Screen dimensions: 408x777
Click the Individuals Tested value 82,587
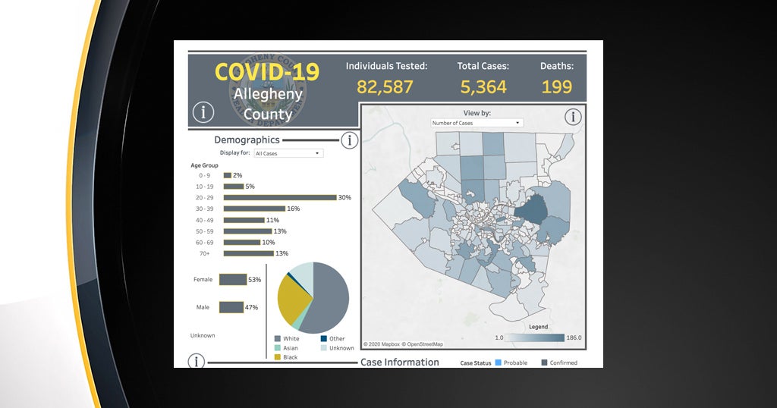[x=385, y=86]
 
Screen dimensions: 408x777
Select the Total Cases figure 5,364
[x=483, y=86]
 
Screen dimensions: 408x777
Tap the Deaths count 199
[x=556, y=86]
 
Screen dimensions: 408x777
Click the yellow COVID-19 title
[x=267, y=72]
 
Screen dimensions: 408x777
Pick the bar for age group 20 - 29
[x=279, y=197]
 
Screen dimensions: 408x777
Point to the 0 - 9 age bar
[x=227, y=175]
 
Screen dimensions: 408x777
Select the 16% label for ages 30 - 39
[x=293, y=209]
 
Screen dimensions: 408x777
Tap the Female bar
[x=233, y=280]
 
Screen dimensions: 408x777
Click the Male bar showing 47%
[x=231, y=307]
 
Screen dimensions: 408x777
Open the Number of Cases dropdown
[x=477, y=123]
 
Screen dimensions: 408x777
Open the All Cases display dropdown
[x=288, y=153]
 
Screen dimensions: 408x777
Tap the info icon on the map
[x=573, y=116]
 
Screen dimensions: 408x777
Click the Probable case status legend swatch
[x=498, y=362]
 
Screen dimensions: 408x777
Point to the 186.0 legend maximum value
[x=574, y=337]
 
